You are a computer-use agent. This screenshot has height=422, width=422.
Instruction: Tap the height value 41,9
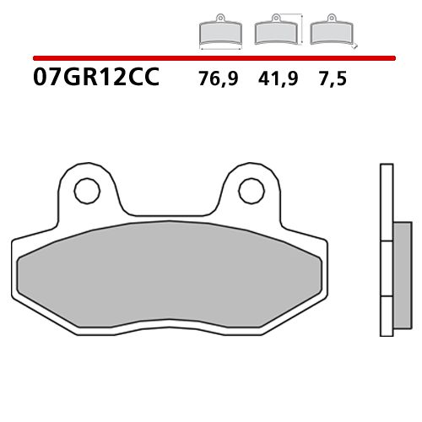277,81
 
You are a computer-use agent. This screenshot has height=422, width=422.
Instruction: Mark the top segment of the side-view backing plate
386,203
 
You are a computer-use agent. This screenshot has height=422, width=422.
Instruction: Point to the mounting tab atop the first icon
219,19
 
